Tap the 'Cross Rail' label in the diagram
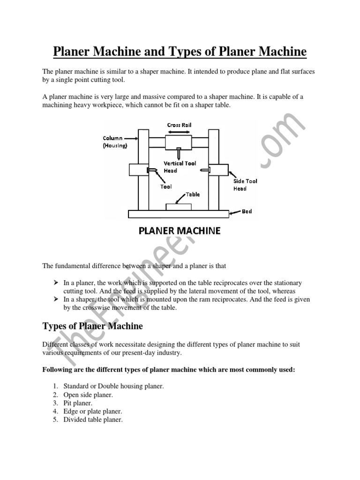tap(179, 125)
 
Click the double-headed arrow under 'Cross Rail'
tap(179, 132)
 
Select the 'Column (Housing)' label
tap(114, 142)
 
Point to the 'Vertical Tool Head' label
tap(180, 167)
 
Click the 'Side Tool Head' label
tap(245, 185)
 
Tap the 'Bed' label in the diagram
tap(247, 211)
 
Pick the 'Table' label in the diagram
tap(193, 194)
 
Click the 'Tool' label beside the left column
tap(166, 187)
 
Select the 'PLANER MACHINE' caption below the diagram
tap(180, 231)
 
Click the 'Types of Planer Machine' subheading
tap(93, 326)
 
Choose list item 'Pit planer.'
tap(78, 403)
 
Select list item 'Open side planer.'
tap(89, 394)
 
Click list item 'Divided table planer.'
tap(93, 420)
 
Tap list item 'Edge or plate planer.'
tap(93, 411)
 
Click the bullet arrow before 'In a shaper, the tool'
tap(55, 300)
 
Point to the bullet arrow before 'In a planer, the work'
tap(55, 283)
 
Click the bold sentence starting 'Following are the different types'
tap(169, 369)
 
